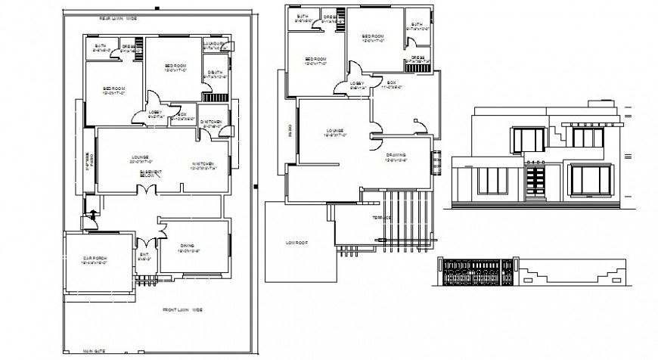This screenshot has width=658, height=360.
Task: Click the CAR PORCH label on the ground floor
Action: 95,259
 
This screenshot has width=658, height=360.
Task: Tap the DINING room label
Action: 188,245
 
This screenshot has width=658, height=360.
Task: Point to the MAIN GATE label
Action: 95,352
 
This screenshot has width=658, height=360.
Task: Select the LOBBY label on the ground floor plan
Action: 155,113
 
